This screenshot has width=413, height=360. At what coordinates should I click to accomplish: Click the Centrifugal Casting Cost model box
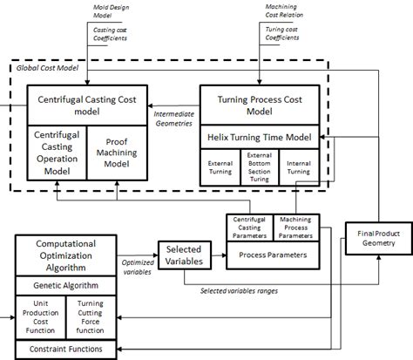[x=81, y=105]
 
